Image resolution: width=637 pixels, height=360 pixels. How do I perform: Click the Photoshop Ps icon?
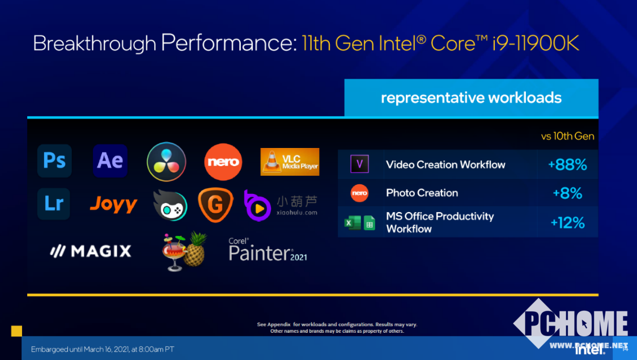[x=54, y=161]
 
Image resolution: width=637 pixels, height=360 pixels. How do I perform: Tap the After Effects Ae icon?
[x=110, y=161]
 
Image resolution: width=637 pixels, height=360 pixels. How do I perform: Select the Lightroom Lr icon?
[x=54, y=204]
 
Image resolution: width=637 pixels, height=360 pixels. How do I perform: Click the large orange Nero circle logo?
[x=223, y=162]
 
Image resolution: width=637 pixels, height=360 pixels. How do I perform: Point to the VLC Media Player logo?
[x=290, y=162]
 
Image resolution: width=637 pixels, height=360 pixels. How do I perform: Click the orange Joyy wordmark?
[x=113, y=204]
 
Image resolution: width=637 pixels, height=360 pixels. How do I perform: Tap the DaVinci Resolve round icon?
[x=167, y=162]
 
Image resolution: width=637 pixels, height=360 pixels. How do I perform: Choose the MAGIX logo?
[x=91, y=251]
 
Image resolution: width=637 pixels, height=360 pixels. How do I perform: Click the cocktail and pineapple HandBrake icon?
[x=184, y=252]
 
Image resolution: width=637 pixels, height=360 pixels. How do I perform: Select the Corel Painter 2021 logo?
[x=267, y=250]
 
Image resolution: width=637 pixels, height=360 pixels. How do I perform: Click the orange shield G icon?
[x=216, y=205]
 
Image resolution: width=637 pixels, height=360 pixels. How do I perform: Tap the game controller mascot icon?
[x=170, y=206]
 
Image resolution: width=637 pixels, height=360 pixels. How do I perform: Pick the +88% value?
[x=567, y=164]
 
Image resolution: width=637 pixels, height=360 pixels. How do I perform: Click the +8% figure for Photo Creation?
[x=567, y=193]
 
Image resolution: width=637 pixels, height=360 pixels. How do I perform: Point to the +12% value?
[x=567, y=223]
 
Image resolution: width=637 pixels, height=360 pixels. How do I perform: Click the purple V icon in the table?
[x=359, y=164]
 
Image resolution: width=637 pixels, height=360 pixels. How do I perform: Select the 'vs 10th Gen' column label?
[x=567, y=136]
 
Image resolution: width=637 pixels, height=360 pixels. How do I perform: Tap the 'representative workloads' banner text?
[x=472, y=98]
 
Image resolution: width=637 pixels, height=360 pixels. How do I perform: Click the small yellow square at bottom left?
[x=16, y=331]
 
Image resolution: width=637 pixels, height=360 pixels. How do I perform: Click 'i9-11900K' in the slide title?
[x=536, y=43]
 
